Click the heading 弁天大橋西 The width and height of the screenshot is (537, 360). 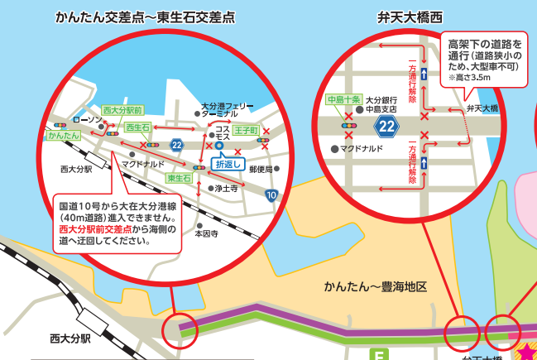pos(410,16)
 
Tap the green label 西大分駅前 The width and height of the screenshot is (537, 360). pos(122,110)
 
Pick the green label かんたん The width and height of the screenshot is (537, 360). pos(63,134)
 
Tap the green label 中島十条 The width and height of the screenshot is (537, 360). pos(343,101)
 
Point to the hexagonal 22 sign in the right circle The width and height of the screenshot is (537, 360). pos(386,127)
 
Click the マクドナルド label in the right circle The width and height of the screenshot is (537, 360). pos(361,149)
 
